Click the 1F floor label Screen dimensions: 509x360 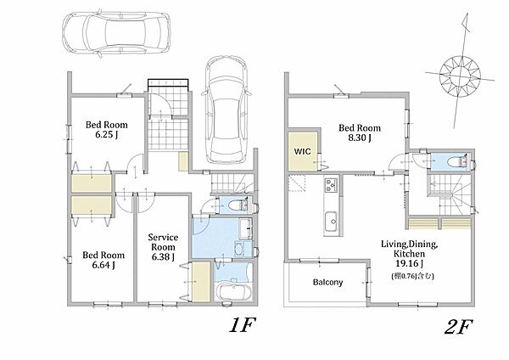[x=243, y=325]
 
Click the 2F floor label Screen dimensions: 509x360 [x=458, y=327]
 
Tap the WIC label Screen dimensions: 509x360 [x=302, y=151]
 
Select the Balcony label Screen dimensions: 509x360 [x=327, y=282]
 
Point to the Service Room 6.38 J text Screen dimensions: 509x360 [x=163, y=247]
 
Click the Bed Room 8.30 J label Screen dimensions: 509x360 [x=360, y=132]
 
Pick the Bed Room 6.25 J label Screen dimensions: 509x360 [x=107, y=129]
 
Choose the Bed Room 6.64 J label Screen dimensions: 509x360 [x=103, y=260]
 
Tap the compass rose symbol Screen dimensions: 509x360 [x=460, y=76]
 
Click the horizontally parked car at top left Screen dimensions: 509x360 [x=116, y=32]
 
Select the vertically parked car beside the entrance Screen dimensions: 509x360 [x=226, y=110]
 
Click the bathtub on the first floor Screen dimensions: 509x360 [x=233, y=292]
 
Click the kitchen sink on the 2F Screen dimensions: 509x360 [x=332, y=222]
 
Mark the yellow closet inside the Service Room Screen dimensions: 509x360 [x=201, y=282]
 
